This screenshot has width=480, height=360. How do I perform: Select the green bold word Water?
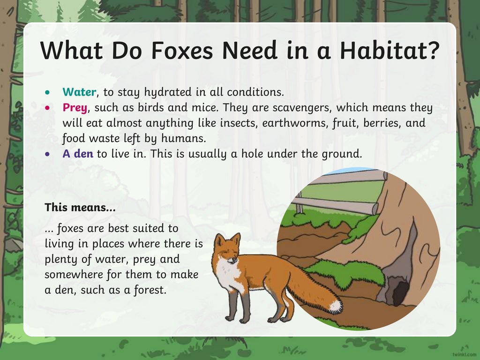click(x=79, y=92)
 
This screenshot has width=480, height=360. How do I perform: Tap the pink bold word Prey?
click(x=75, y=108)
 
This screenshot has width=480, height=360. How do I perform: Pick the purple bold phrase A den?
click(x=78, y=154)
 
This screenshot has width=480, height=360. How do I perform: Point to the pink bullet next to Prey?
click(x=47, y=108)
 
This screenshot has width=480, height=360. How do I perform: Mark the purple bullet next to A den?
click(x=47, y=154)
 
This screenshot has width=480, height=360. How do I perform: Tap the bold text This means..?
click(x=80, y=207)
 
